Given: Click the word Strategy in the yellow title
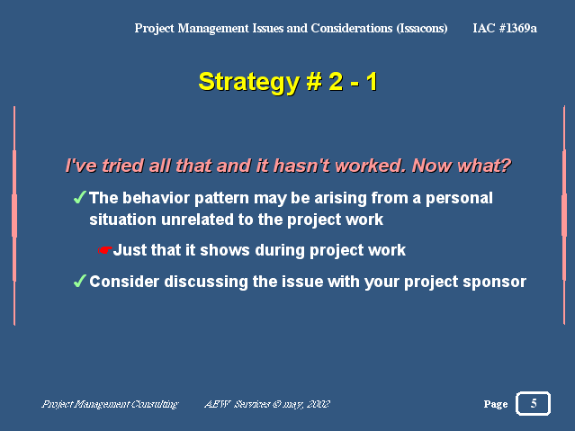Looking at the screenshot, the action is [248, 83].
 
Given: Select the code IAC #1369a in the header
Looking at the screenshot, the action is [505, 28].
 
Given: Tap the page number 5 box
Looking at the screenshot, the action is [534, 403].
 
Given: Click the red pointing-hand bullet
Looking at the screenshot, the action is [104, 250].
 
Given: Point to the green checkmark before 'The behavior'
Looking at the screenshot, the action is [80, 197].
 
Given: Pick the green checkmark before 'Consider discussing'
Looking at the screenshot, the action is [80, 281].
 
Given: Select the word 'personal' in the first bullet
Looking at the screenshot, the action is [459, 199].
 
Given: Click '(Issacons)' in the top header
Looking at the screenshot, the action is [422, 28].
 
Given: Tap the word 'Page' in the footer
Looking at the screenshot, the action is [496, 404].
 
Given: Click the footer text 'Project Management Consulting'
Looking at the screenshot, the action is [110, 404].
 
